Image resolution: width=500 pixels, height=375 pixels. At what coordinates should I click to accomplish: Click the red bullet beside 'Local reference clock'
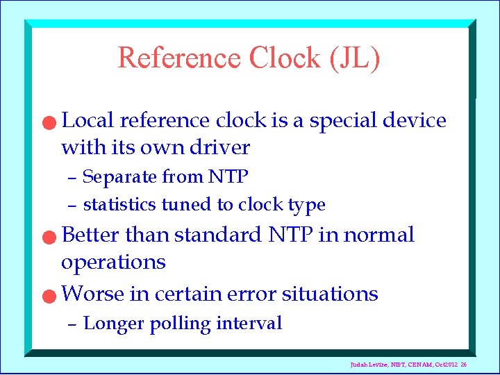point(46,123)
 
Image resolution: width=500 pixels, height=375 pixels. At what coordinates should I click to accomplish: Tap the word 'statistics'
point(119,205)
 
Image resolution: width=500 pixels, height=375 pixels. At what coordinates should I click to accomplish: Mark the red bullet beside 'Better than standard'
point(46,237)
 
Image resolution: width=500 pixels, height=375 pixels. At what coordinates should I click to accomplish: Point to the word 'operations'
point(113,262)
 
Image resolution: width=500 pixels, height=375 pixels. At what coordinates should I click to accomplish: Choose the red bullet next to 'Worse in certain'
point(46,297)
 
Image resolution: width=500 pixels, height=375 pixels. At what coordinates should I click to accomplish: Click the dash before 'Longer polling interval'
point(72,324)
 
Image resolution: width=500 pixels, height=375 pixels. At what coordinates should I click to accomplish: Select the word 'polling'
point(178,324)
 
